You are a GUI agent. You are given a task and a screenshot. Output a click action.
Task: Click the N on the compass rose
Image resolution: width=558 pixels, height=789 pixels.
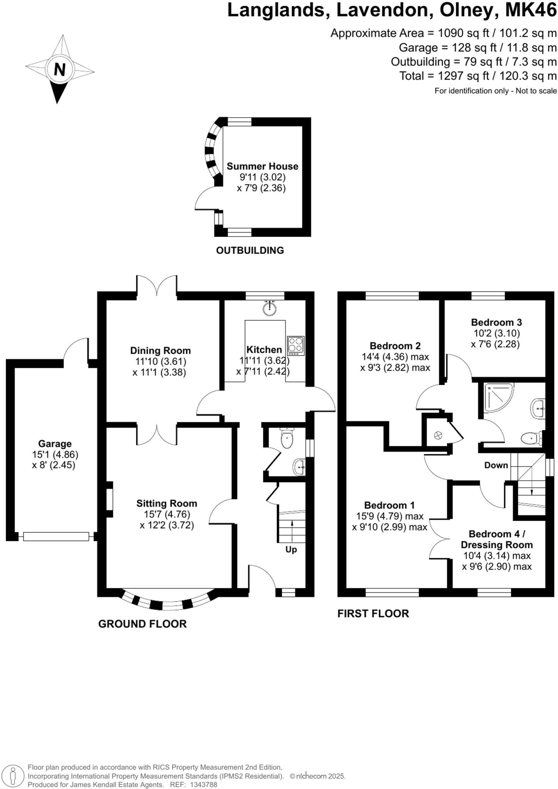point(59,70)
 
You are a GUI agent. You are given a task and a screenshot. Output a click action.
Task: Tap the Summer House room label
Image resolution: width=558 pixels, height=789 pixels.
point(262,166)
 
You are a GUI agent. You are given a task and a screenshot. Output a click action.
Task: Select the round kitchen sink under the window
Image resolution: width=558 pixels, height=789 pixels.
point(271,308)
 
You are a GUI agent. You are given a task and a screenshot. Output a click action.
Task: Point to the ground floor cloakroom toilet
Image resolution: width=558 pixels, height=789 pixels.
point(287,439)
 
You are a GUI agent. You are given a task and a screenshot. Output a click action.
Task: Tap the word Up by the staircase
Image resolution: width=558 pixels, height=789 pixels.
point(291,549)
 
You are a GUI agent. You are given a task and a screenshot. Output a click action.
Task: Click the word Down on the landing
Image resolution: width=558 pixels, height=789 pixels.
point(496,465)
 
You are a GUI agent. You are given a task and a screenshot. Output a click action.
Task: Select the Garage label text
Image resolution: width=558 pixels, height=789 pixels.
point(55,443)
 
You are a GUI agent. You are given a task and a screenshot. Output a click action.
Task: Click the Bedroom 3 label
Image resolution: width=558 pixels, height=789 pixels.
point(496,322)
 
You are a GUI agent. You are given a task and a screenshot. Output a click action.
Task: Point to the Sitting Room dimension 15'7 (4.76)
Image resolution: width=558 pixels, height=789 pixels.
point(167,514)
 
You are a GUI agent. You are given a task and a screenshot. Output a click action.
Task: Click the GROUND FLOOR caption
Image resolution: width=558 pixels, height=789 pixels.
point(142,624)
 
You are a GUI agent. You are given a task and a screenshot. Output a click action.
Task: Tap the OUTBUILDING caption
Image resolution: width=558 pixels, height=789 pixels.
point(250,250)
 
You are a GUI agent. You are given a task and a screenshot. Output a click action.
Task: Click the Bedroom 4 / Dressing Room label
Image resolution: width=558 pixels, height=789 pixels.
point(497,539)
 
